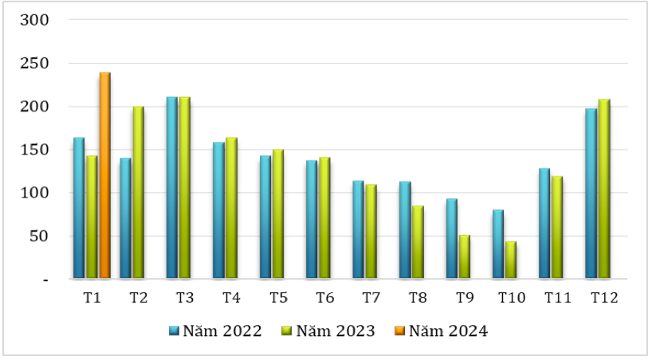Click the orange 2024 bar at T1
[x=104, y=175]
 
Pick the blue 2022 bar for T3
[x=172, y=188]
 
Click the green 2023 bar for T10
[x=510, y=260]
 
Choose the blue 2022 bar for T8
[x=405, y=230]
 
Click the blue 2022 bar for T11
[x=544, y=224]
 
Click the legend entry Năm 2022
[x=215, y=331]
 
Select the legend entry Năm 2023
[x=328, y=331]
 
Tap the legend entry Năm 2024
[x=441, y=331]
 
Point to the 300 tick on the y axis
[x=37, y=20]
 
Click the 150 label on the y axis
[x=37, y=150]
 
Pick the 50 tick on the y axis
[x=41, y=237]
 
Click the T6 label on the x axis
[x=324, y=298]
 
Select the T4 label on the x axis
[x=231, y=298]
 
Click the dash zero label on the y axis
[x=45, y=280]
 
